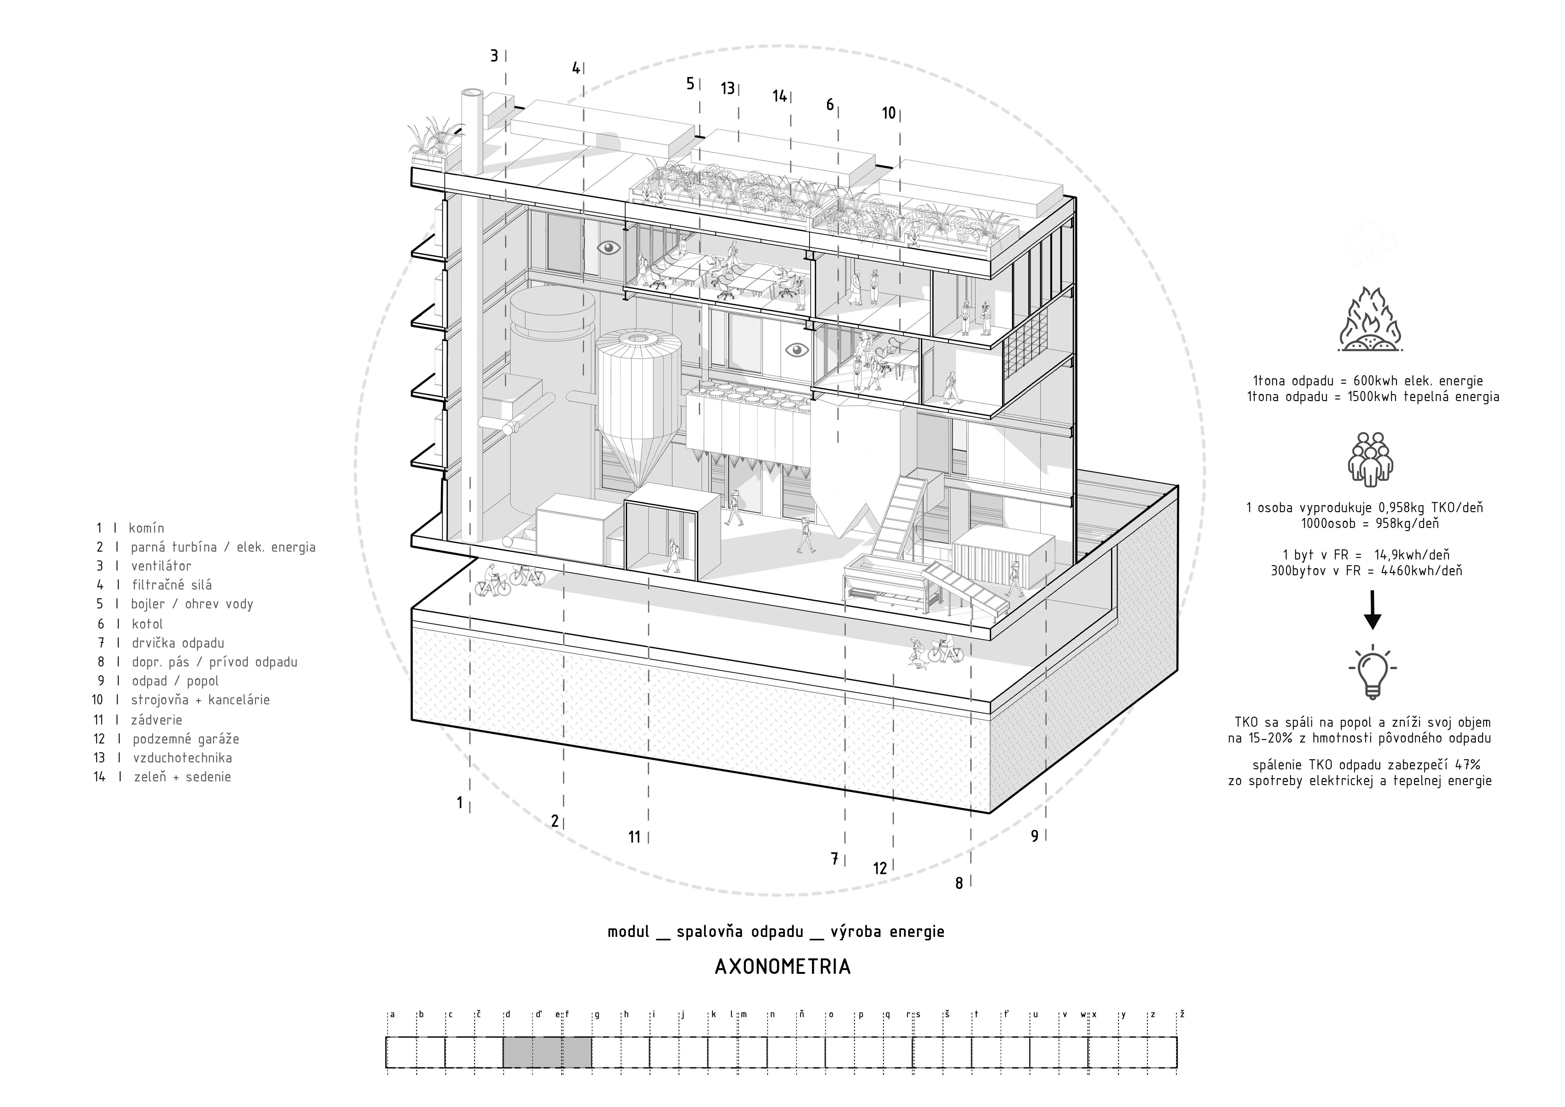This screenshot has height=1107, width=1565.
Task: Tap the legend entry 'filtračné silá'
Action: [x=172, y=585]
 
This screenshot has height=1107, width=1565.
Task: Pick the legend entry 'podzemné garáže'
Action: [x=185, y=739]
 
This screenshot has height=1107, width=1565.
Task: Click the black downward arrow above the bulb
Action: [x=1372, y=610]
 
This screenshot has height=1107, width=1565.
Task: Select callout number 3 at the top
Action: [x=494, y=56]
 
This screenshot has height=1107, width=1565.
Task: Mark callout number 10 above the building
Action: [x=889, y=113]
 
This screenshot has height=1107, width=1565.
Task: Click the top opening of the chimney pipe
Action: [x=472, y=93]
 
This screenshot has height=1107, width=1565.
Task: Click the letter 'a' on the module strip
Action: [x=393, y=1014]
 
